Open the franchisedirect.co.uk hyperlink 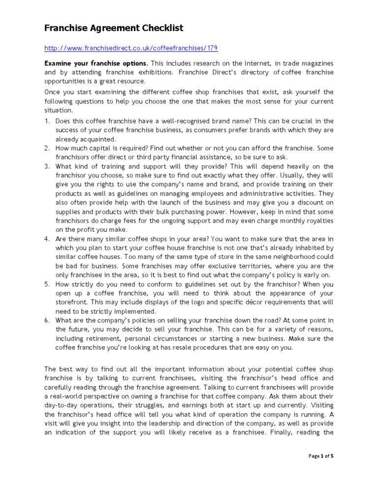(x=131, y=48)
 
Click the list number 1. (x=47, y=121)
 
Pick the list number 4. (x=47, y=239)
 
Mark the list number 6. (x=47, y=321)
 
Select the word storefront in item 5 (x=72, y=302)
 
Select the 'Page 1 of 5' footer (x=321, y=456)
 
